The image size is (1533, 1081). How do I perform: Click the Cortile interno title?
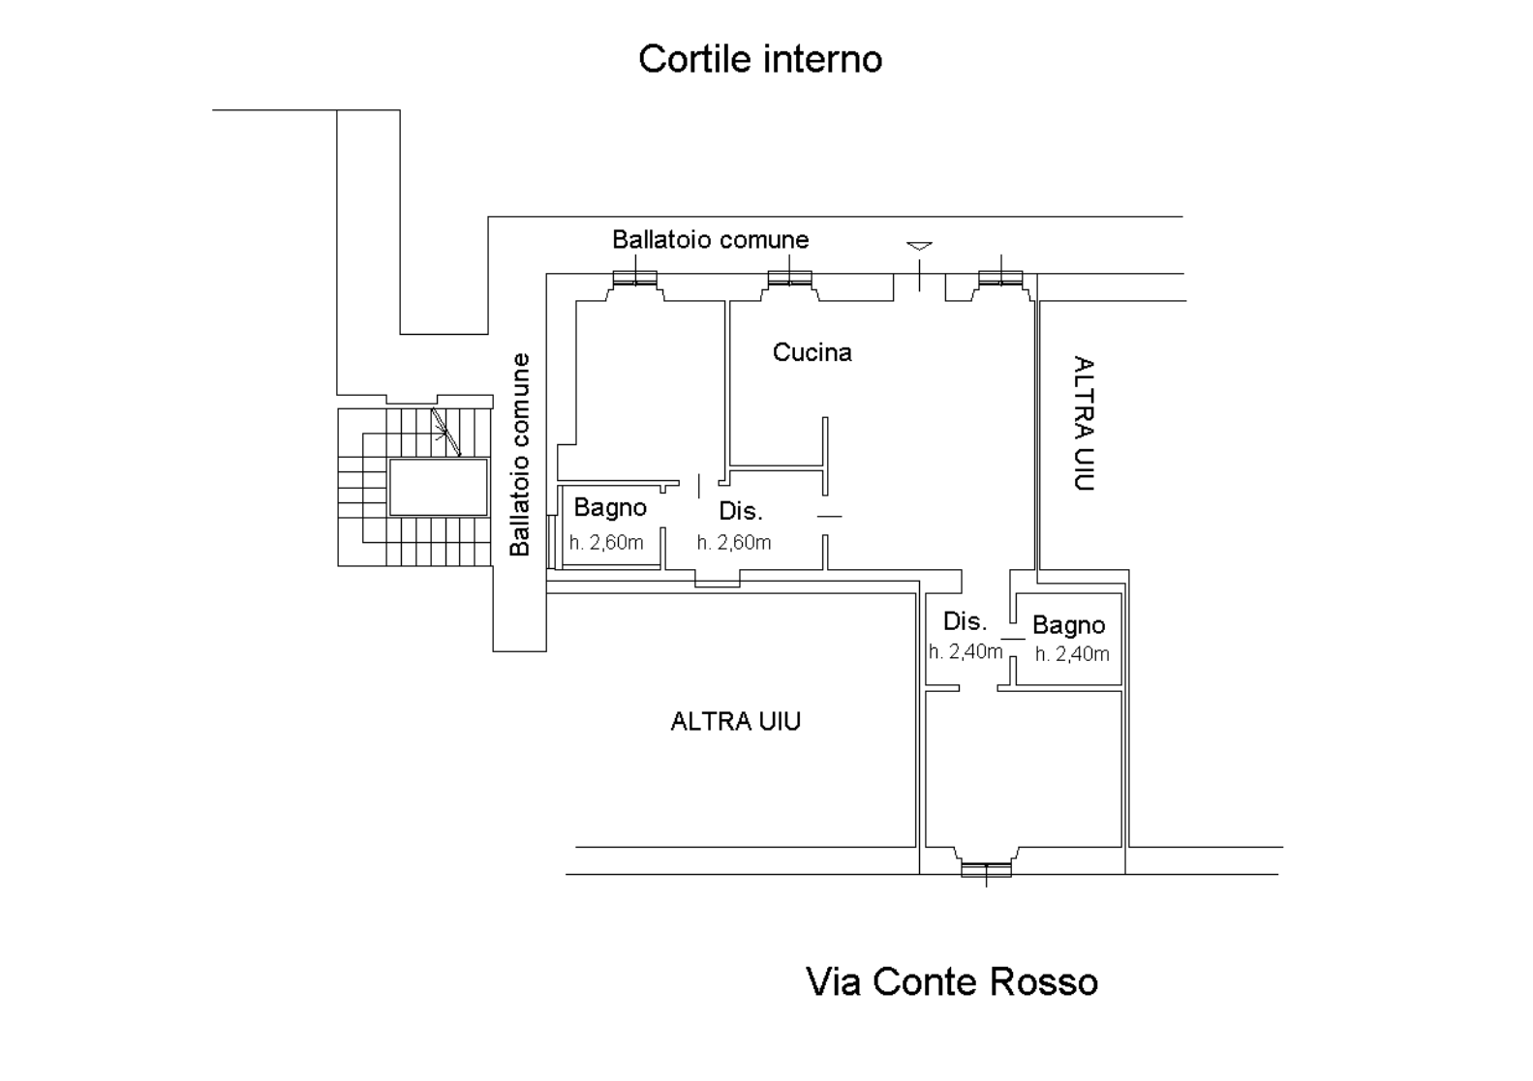[x=760, y=59]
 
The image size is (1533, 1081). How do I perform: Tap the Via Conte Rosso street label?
[x=952, y=982]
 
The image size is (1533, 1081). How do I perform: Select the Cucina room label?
[x=812, y=352]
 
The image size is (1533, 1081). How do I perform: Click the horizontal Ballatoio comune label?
[x=710, y=239]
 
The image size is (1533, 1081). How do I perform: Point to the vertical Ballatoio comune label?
[x=520, y=454]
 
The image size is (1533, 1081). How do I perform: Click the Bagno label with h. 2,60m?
[x=610, y=507]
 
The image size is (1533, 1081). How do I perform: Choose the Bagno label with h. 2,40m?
[x=1068, y=625]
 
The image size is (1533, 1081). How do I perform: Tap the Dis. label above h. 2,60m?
[x=741, y=511]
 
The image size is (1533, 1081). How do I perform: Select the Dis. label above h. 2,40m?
[x=965, y=621]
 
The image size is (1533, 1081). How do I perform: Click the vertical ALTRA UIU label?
[x=1084, y=424]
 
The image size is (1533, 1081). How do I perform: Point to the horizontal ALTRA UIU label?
[x=735, y=721]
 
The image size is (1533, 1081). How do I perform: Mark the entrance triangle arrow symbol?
[x=919, y=246]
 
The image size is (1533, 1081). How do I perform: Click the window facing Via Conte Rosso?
[x=986, y=869]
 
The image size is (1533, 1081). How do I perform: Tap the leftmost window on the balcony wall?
[x=636, y=279]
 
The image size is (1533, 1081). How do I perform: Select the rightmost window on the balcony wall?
[x=1000, y=279]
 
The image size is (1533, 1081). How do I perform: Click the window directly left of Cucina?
[x=788, y=279]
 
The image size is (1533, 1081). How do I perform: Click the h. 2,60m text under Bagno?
[x=606, y=543]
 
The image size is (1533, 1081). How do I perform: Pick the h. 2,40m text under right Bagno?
[x=1072, y=654]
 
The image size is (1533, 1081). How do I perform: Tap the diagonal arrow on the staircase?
[x=445, y=431]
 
